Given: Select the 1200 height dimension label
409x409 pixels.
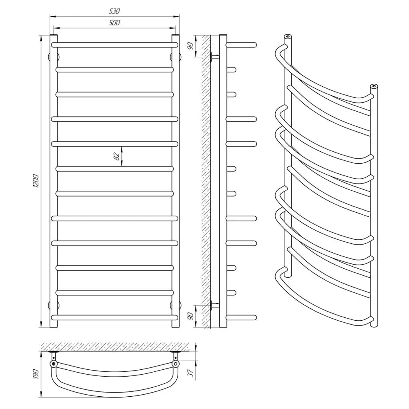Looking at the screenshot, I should coord(36,181).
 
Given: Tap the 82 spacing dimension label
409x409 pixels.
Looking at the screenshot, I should coord(117,156).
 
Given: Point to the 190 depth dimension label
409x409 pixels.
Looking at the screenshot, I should coord(36,373).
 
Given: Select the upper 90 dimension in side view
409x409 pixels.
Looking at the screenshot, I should coord(189,45).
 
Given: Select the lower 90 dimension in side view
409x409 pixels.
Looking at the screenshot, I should coord(189,316).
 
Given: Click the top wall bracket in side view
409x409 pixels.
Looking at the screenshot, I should coord(214,57).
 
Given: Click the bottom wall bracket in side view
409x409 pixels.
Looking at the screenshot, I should coord(214,304).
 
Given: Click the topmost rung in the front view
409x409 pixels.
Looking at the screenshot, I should coord(115,44).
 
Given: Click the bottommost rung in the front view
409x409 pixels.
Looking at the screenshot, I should coord(115,317).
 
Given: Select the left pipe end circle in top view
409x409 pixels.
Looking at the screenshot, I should coord(53,364).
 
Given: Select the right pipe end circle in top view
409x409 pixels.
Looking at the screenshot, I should coord(175,364).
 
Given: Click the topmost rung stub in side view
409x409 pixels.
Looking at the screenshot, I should coord(241,44).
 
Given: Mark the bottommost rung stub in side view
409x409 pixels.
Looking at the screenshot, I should coord(241,317).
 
